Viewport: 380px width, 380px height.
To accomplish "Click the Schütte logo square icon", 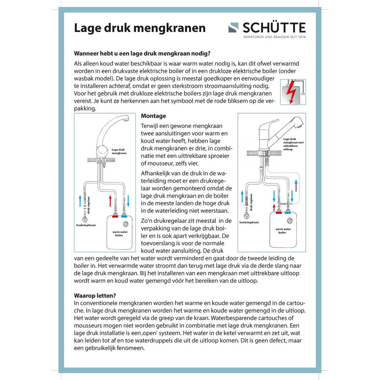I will click(x=233, y=28).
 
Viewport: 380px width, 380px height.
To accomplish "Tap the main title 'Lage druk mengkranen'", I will click(x=140, y=28).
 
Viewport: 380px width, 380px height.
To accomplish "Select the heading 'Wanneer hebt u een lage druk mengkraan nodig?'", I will click(x=142, y=54).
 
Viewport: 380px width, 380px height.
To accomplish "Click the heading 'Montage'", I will click(x=153, y=116).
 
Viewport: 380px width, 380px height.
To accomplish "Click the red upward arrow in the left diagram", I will click(x=110, y=201).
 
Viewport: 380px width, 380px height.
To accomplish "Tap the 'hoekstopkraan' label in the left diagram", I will click(x=86, y=225).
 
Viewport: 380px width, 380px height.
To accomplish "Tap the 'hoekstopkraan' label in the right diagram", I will click(x=250, y=222).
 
